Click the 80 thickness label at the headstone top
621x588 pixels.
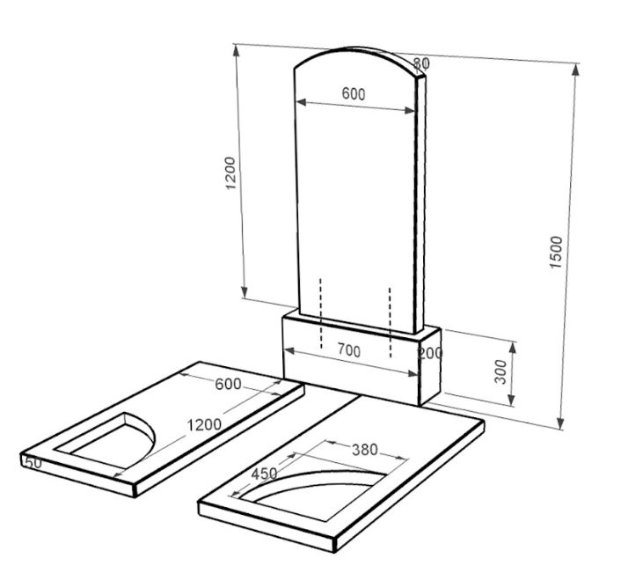tap(421, 63)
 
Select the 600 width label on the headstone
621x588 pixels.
tap(354, 94)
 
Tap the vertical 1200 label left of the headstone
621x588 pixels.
tap(230, 173)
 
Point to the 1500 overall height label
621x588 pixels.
tap(556, 252)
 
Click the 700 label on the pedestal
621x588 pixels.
tap(349, 351)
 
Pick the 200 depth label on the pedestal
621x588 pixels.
tap(430, 353)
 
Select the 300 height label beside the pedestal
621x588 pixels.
tap(500, 371)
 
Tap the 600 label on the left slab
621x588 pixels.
tap(228, 384)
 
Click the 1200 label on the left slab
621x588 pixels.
tap(204, 425)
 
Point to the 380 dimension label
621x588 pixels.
tap(365, 450)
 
